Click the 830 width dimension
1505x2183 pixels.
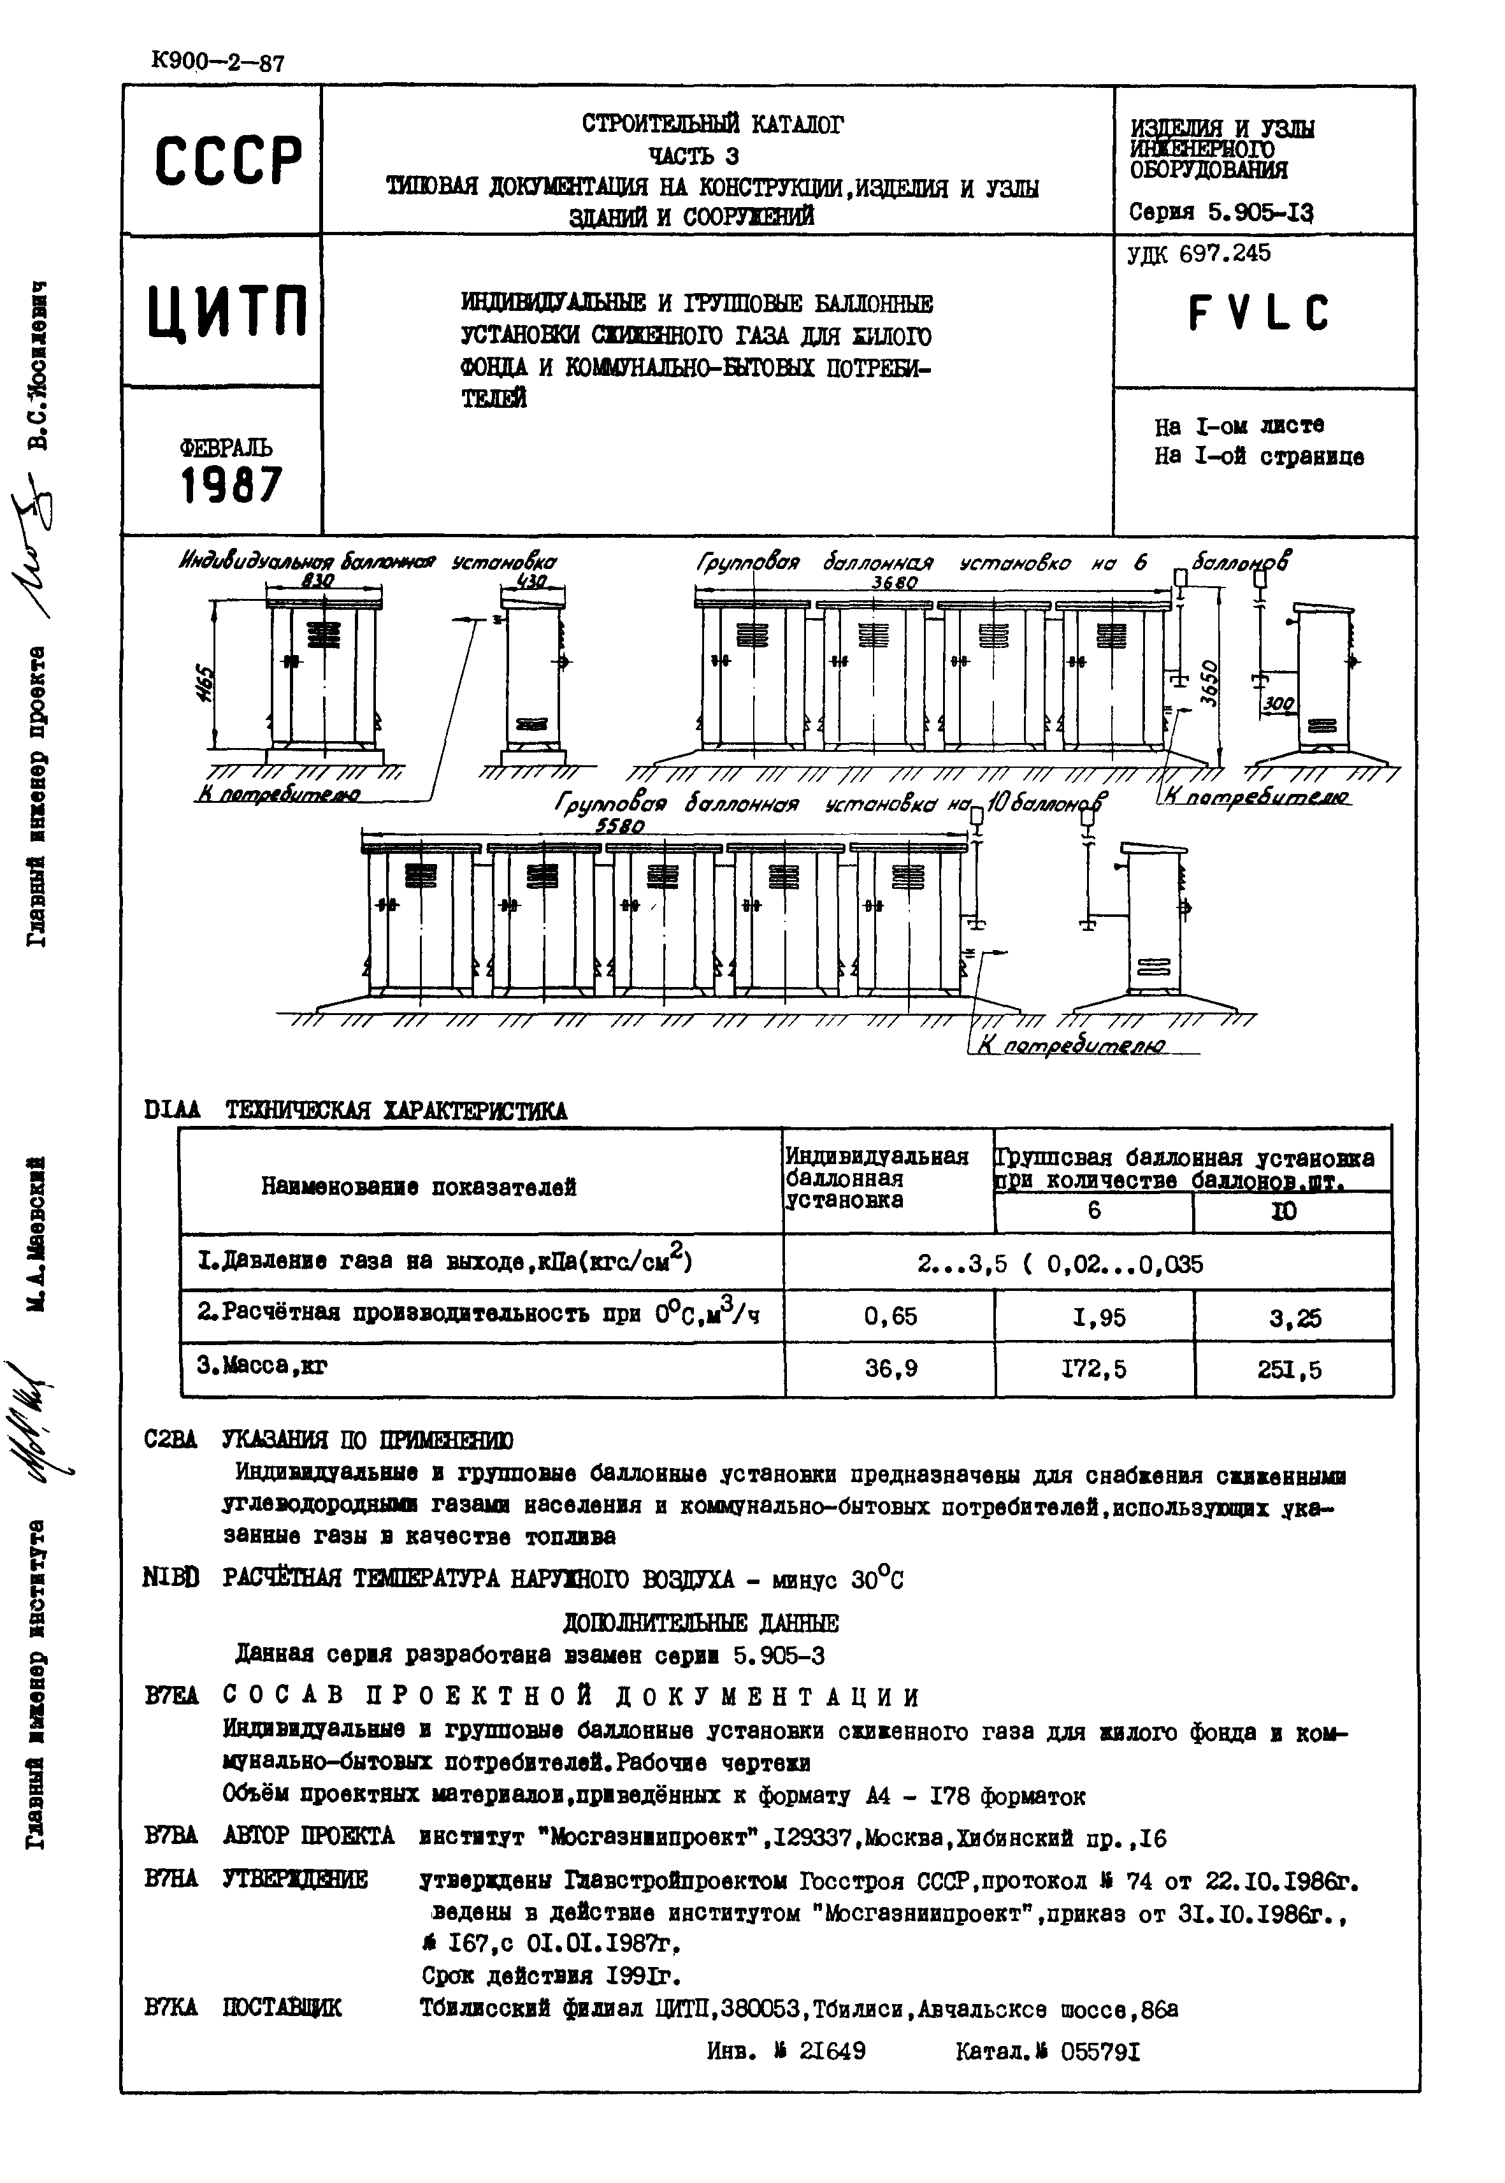click(x=318, y=583)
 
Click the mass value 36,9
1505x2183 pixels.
click(x=891, y=1367)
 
